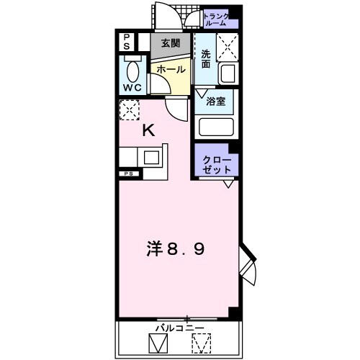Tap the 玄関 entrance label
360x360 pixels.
coord(171,45)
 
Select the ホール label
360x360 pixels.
coord(171,69)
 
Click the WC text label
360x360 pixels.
coord(131,87)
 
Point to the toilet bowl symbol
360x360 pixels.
coord(132,71)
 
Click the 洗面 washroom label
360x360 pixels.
coord(206,59)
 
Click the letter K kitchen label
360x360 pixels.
coord(148,130)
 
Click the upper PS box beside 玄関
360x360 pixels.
coord(127,42)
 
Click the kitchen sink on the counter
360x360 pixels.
coord(153,156)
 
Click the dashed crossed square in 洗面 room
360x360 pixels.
coord(228,47)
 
